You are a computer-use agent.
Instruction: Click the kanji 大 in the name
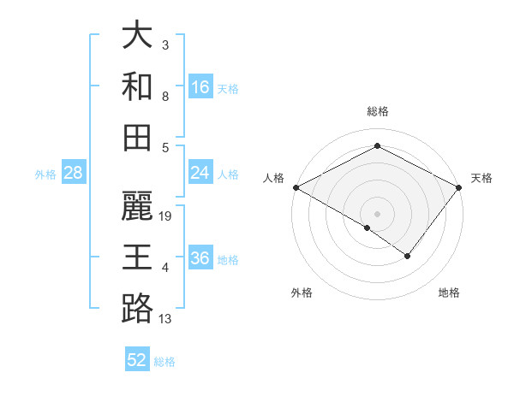point(137,37)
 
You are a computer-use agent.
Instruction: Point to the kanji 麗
point(137,206)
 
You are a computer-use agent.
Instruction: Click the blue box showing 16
point(200,87)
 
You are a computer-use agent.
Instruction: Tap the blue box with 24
point(200,174)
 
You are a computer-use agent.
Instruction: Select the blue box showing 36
point(200,259)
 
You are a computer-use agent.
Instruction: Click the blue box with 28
point(74,174)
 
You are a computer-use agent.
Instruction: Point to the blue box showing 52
point(137,360)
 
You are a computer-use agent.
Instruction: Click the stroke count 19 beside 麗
point(166,216)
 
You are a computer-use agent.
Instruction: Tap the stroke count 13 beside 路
point(166,319)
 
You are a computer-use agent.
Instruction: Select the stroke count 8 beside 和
point(164,98)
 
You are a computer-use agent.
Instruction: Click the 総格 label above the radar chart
point(377,111)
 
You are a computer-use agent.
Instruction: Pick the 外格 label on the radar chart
point(302,293)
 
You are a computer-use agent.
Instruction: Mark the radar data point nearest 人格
point(295,187)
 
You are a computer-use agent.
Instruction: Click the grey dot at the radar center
point(377,213)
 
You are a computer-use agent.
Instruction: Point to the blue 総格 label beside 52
point(164,361)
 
